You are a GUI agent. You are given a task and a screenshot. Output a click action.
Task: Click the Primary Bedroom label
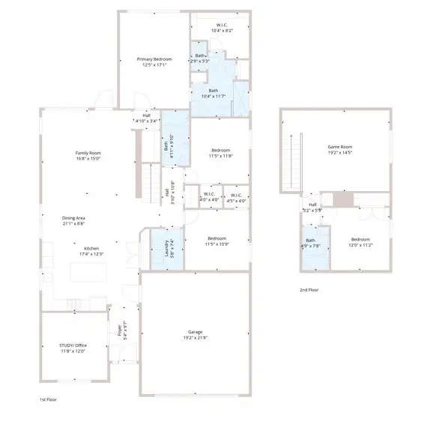coord(154,59)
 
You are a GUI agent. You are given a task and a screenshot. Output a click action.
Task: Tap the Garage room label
coord(196,332)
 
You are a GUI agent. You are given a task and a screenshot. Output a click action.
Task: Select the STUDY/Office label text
coord(73,346)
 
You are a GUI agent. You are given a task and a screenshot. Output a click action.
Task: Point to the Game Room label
coord(340,147)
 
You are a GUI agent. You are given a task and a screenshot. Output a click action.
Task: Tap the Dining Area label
coord(73,218)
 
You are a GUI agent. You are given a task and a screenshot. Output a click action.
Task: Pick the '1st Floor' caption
coord(48,400)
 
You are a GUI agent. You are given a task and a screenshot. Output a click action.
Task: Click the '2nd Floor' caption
coord(309,290)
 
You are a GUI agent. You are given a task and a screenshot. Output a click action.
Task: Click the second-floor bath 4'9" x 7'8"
coord(310,245)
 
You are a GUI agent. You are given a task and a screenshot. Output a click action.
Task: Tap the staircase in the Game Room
coord(293,160)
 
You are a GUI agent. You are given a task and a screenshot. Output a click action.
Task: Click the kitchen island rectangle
coord(91,271)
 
